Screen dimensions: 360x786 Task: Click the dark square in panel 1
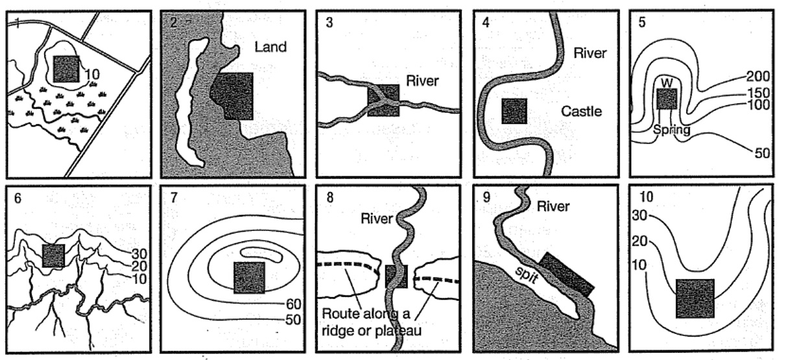pos(66,68)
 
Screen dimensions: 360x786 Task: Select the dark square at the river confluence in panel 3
pos(383,100)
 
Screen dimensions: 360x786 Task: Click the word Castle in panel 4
pos(582,112)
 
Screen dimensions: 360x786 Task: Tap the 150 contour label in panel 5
pos(756,91)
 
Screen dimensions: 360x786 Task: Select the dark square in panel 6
pos(53,256)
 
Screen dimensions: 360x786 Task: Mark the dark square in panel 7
pos(249,278)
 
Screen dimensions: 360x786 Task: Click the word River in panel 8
pos(376,219)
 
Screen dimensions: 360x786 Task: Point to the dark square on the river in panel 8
pos(396,276)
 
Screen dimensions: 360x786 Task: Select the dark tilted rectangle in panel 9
pos(566,274)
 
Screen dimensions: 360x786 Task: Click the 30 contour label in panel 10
pos(638,217)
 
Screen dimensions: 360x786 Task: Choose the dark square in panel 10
pos(695,298)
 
